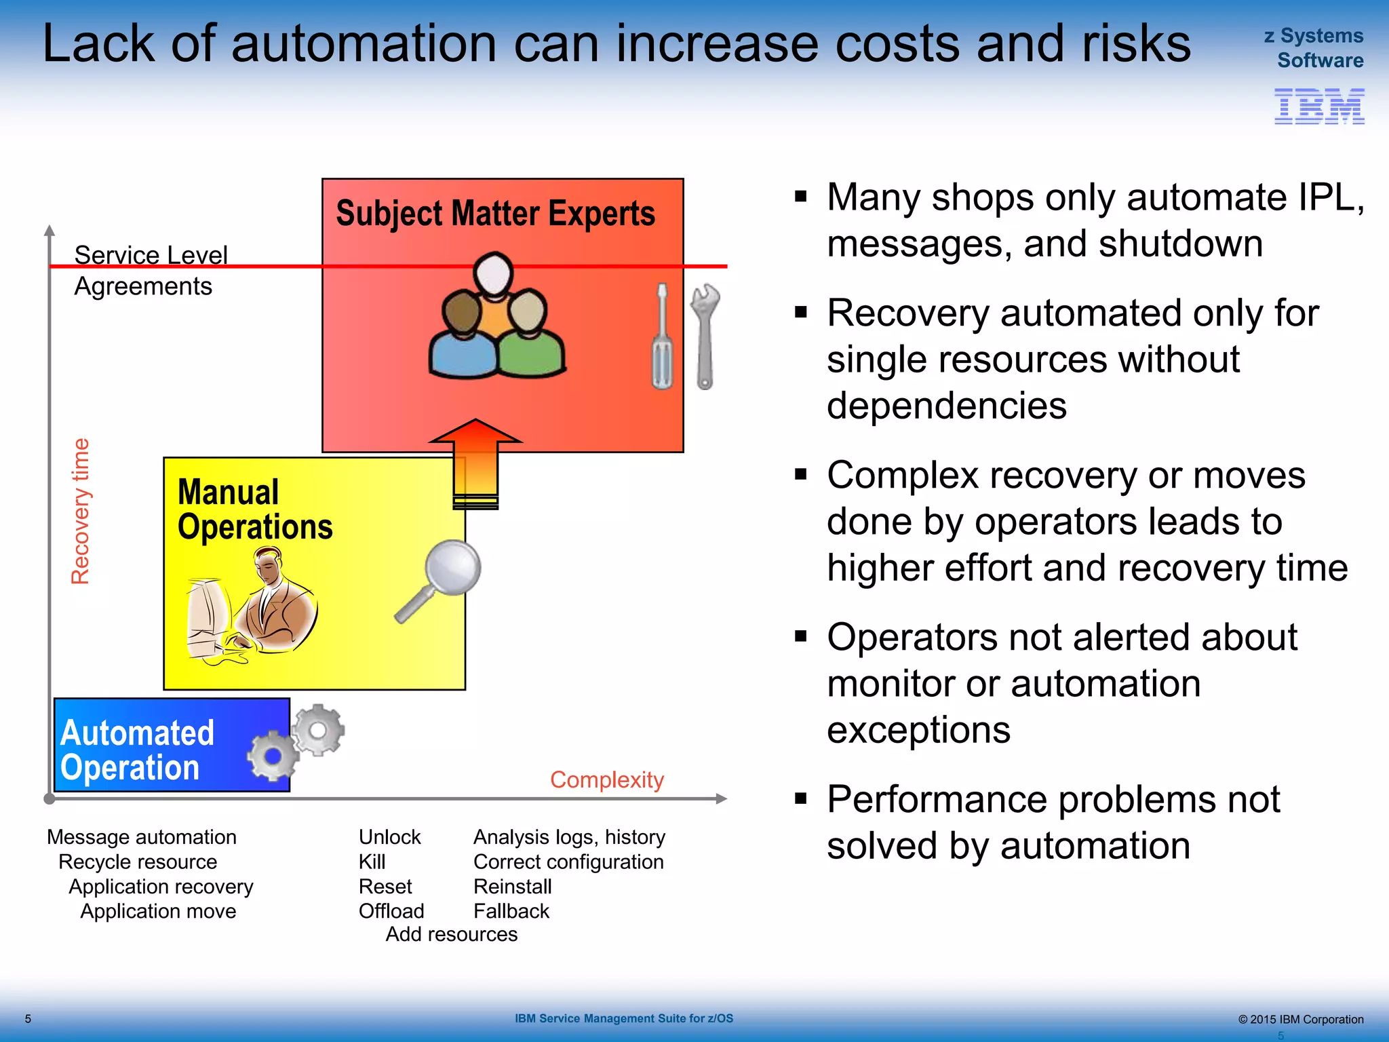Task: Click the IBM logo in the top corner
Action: coord(1319,107)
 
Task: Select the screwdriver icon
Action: coord(662,336)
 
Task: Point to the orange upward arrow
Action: coord(475,461)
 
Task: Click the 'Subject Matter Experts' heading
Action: coord(495,213)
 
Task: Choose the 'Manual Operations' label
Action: coord(254,509)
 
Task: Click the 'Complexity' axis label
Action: coord(607,780)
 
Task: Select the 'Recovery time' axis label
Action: coord(81,511)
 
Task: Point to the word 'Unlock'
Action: coord(389,837)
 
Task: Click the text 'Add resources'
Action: coord(451,934)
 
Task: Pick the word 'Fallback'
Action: coord(511,911)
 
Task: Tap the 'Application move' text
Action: coord(158,911)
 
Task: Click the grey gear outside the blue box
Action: coord(319,730)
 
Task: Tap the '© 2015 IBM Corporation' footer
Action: coord(1300,1019)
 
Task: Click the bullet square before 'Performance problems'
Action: coord(801,798)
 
